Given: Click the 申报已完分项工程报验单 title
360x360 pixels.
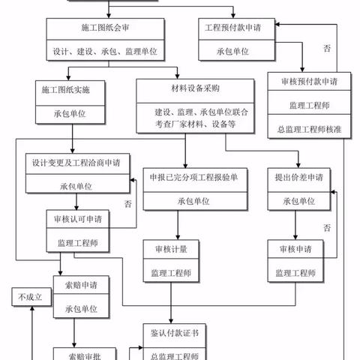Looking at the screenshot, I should click(x=193, y=178).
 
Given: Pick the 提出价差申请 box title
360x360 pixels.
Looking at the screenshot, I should click(x=298, y=178).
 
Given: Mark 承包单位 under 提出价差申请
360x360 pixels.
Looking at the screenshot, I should click(x=298, y=201).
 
